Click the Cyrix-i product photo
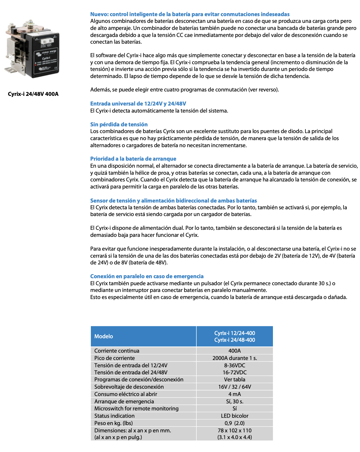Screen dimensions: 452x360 click(x=32, y=49)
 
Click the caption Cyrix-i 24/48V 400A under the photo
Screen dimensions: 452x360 click(x=33, y=94)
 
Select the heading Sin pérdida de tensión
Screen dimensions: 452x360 click(x=119, y=124)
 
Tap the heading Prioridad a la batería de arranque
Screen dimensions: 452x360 click(x=133, y=159)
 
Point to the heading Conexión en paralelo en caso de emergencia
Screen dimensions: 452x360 click(x=147, y=276)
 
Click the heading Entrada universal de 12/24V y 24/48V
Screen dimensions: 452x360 click(x=138, y=103)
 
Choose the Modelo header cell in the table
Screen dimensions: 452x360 click(x=103, y=336)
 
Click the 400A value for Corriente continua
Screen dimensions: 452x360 click(x=235, y=351)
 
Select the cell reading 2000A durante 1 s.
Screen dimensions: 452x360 click(x=235, y=358)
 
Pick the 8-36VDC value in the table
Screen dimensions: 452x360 click(x=235, y=365)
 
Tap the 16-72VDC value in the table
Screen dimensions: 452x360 click(x=235, y=372)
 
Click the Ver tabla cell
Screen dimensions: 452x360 click(x=235, y=379)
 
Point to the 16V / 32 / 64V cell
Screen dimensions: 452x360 click(x=235, y=387)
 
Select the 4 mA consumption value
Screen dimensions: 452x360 click(x=235, y=394)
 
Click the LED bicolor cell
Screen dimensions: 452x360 click(x=235, y=416)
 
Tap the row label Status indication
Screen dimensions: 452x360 click(x=114, y=416)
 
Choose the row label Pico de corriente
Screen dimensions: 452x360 click(x=114, y=358)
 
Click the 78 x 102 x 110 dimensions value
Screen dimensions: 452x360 click(x=235, y=430)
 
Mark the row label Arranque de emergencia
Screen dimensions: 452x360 click(x=124, y=401)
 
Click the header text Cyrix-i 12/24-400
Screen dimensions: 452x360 click(x=235, y=333)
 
